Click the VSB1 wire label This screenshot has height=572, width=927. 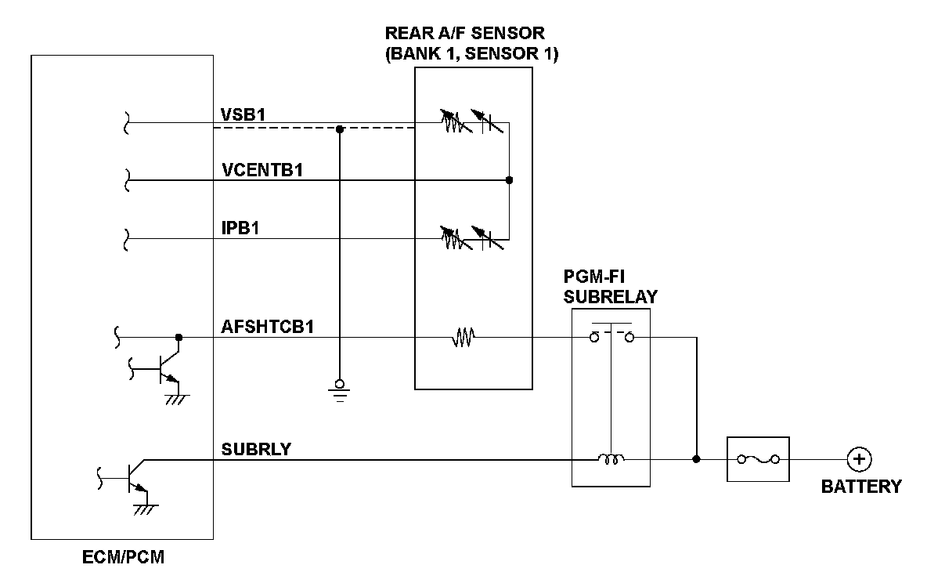point(244,113)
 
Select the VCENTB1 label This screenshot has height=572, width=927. point(262,170)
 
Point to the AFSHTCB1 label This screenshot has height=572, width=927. point(268,327)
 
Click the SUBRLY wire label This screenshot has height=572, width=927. point(256,449)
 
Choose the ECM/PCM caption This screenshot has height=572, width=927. point(124,559)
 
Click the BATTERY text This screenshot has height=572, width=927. point(860,487)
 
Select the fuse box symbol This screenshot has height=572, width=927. point(758,460)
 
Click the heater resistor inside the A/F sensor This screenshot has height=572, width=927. point(463,338)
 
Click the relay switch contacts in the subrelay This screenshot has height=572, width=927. point(611,337)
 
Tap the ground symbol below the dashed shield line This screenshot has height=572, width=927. point(339,388)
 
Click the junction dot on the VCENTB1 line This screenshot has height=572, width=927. point(509,180)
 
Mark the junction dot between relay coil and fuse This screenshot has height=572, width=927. point(696,460)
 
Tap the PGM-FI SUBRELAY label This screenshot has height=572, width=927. point(611,288)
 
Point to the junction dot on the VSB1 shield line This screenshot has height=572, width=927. point(339,129)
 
